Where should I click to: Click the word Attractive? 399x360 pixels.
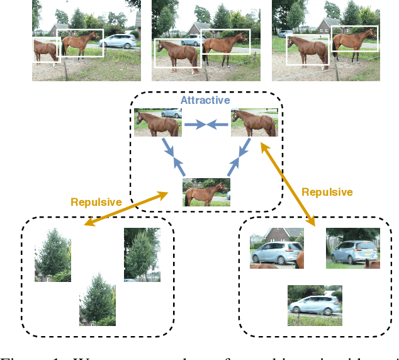click(205, 100)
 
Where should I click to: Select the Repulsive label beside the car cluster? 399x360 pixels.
click(327, 191)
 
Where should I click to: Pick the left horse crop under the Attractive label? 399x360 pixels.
click(157, 122)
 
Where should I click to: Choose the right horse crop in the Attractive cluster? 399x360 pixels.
click(254, 122)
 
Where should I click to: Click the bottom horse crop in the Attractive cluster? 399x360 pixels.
click(206, 192)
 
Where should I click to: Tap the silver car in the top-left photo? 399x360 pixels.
click(118, 42)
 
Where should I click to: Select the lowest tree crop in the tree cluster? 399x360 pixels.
click(97, 299)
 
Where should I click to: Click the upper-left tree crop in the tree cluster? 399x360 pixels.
click(53, 254)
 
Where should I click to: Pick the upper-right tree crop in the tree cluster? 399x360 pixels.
click(142, 254)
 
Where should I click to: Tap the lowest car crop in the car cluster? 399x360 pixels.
click(315, 305)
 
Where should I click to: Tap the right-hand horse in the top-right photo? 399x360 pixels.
click(354, 40)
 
